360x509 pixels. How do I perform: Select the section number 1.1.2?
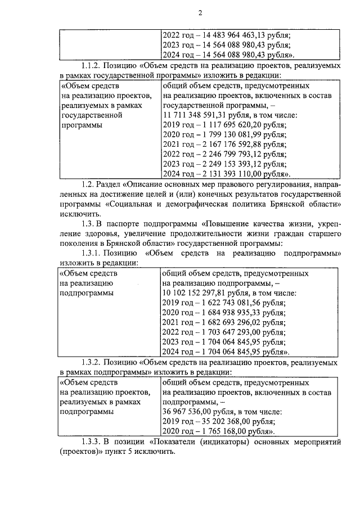pyautogui.click(x=92, y=66)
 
